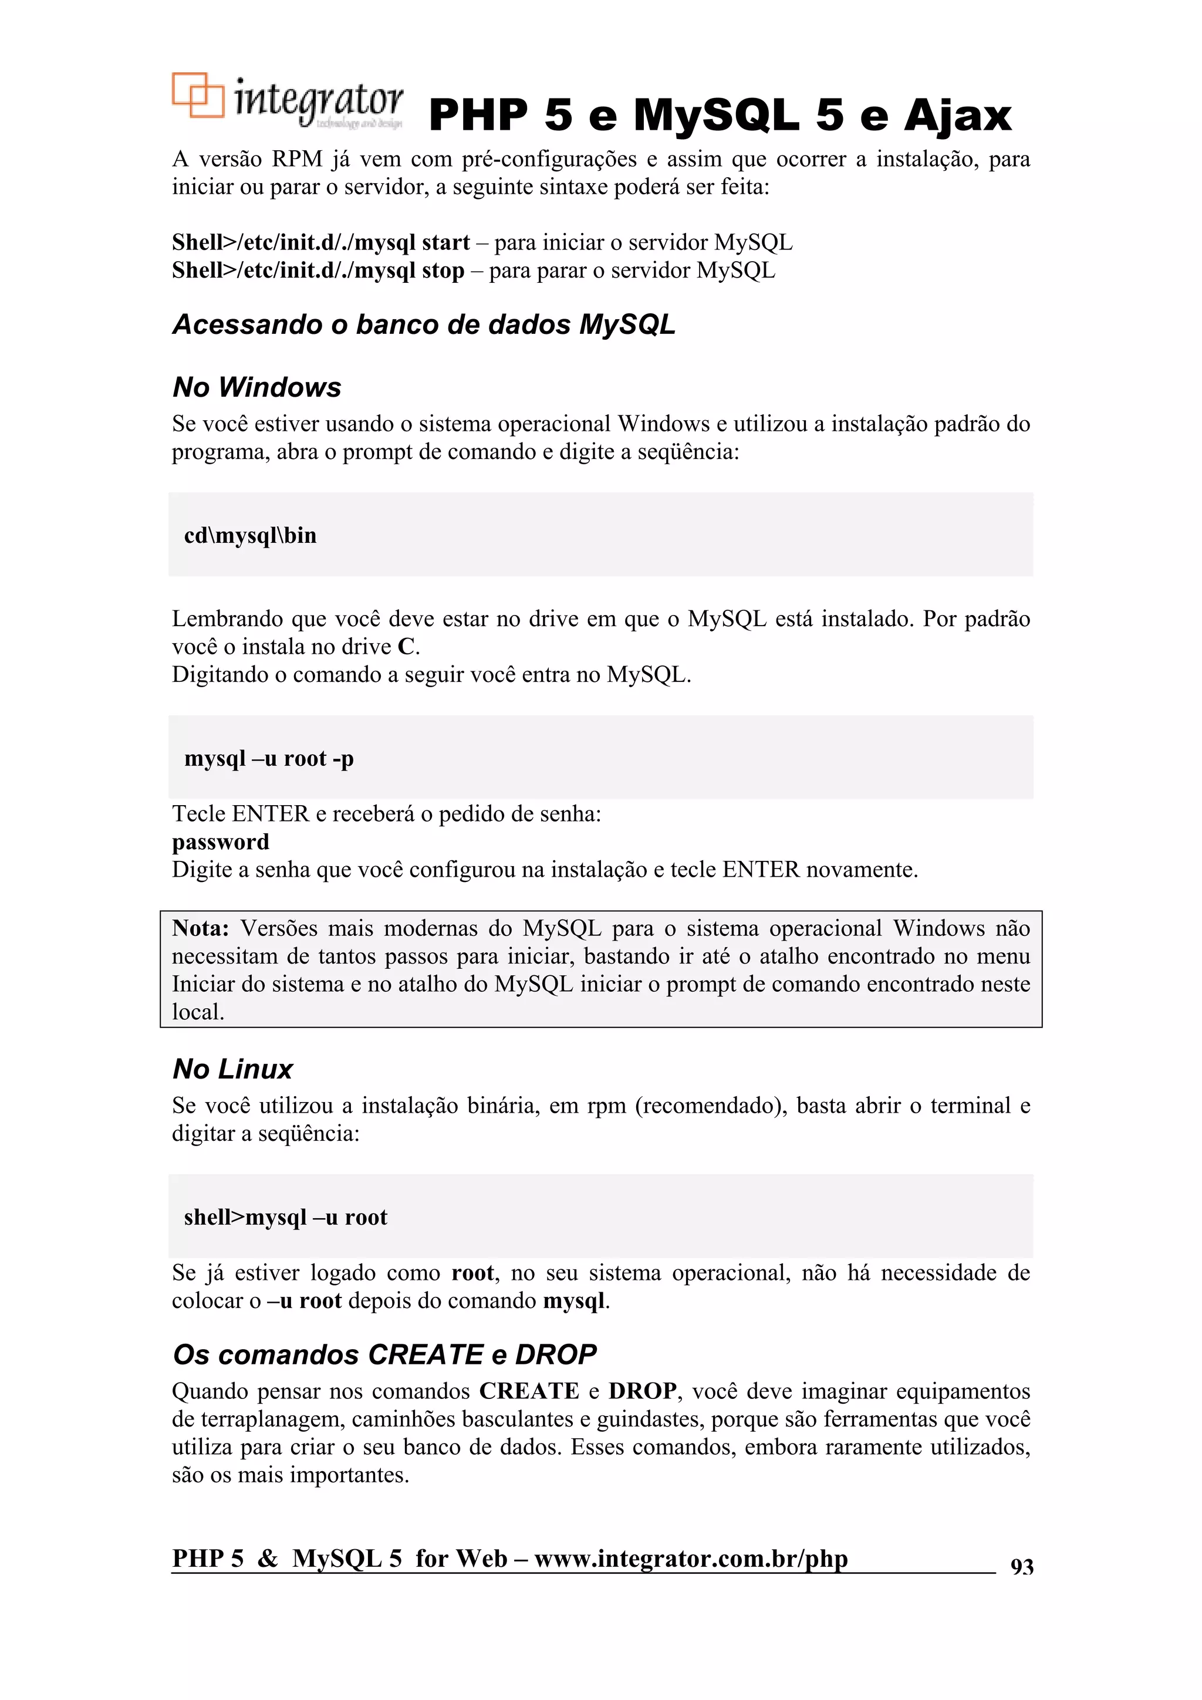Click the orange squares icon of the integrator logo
[x=198, y=95]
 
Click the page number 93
[x=1021, y=1566]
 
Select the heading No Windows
[x=256, y=387]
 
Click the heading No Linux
[x=232, y=1069]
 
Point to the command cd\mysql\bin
[x=251, y=535]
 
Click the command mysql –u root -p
[x=269, y=758]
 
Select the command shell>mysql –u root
[x=285, y=1217]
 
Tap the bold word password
[x=220, y=842]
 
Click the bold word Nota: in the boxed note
[x=200, y=928]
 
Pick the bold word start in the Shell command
[x=446, y=242]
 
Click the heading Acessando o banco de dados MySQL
[x=424, y=325]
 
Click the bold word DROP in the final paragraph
[x=642, y=1391]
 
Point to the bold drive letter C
[x=406, y=647]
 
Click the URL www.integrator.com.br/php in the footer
[x=690, y=1558]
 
